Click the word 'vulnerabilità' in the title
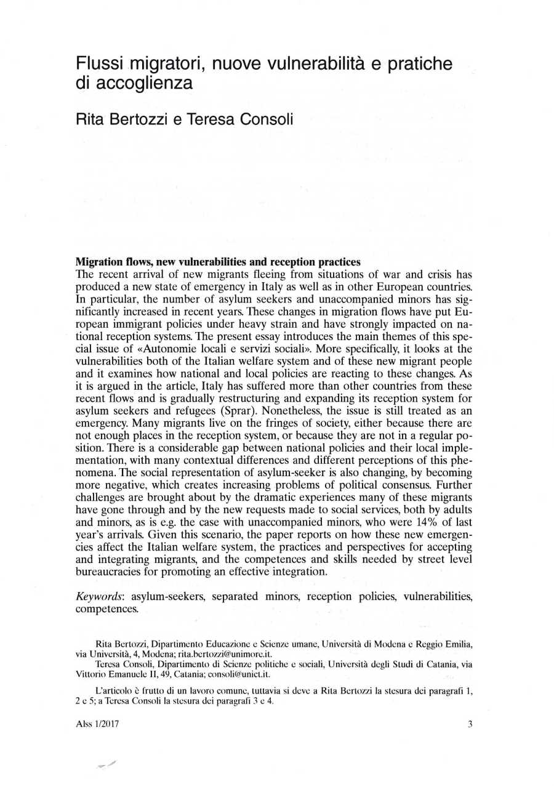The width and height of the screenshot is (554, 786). pyautogui.click(x=336, y=63)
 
